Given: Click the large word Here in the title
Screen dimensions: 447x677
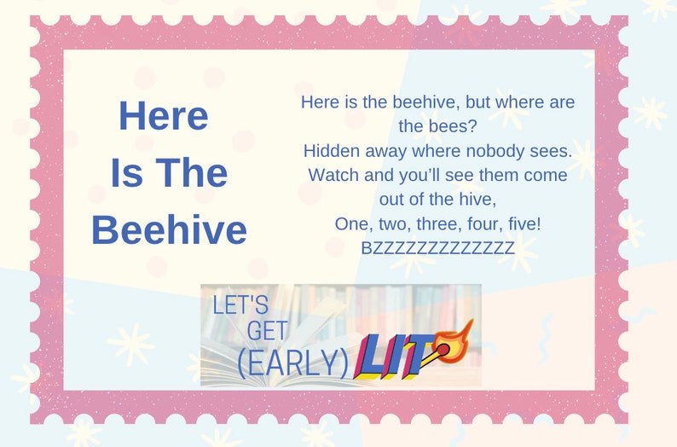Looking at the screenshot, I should coord(163,116).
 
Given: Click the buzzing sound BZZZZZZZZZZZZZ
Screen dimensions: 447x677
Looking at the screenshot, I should coord(437,248).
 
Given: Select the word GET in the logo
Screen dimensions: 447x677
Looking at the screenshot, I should coord(267,332).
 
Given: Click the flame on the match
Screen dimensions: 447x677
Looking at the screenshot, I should coord(461,332).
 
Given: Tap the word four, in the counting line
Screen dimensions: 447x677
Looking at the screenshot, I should coord(478,223).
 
